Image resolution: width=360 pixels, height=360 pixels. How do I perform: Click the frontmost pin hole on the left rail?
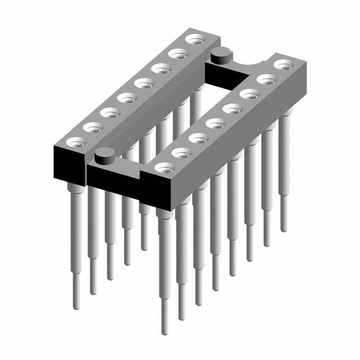pos(73,142)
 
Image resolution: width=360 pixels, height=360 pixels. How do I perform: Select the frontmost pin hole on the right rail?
pos(164,167)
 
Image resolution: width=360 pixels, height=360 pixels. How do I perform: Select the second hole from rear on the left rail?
pos(178,54)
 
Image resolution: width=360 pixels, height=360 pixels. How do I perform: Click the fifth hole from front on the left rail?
pos(143,83)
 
